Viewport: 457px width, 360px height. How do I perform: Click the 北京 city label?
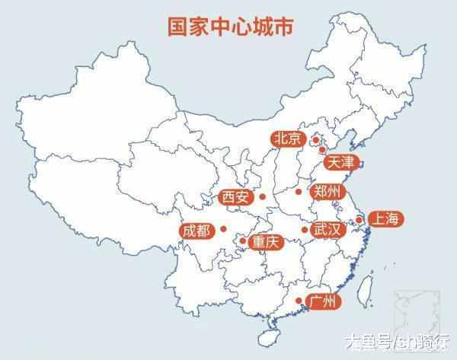pyautogui.click(x=288, y=139)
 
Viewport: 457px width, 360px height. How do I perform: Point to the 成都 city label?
pyautogui.click(x=196, y=229)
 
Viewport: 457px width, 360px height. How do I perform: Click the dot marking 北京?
pyautogui.click(x=315, y=140)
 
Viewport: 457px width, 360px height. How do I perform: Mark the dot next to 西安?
pyautogui.click(x=262, y=197)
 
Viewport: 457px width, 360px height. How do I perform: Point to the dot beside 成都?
pyautogui.click(x=224, y=228)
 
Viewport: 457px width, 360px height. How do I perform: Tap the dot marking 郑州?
pyautogui.click(x=299, y=191)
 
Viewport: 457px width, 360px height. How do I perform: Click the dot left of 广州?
pyautogui.click(x=298, y=301)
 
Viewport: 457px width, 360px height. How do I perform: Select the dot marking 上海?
pyautogui.click(x=359, y=219)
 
